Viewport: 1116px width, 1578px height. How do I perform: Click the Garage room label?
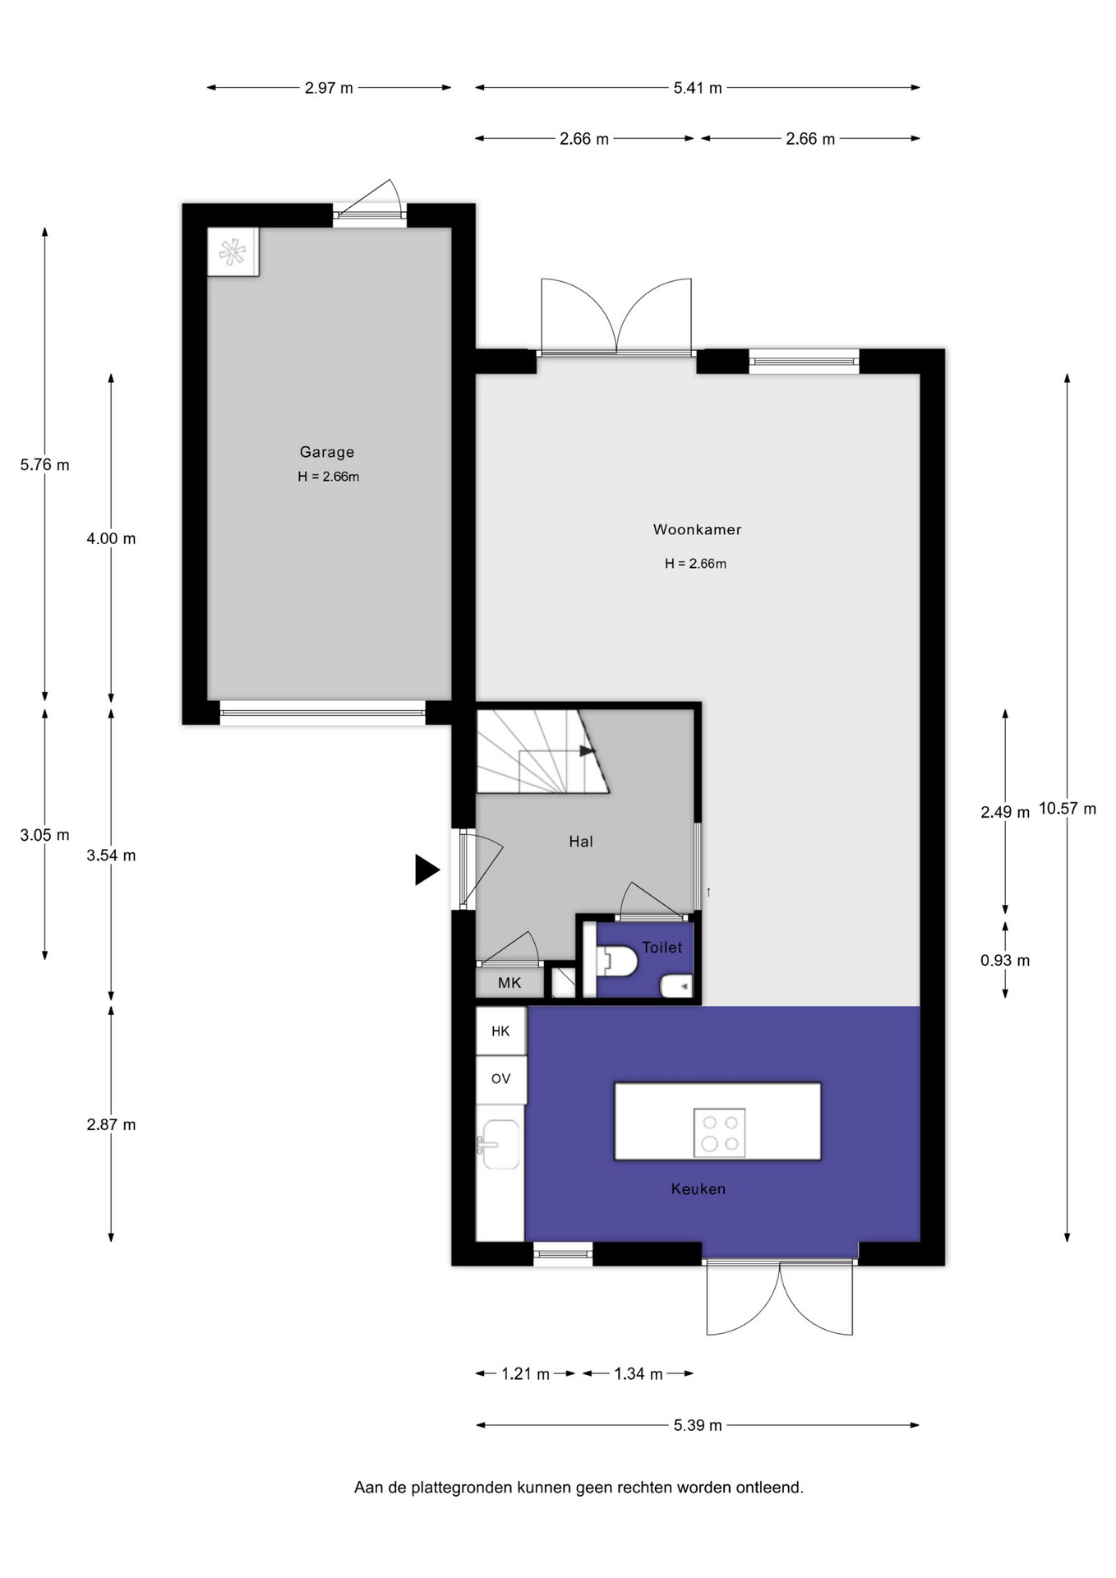[x=326, y=452]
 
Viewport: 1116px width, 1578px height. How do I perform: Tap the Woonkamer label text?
[x=697, y=530]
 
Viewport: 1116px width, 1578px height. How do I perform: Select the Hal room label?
[x=581, y=842]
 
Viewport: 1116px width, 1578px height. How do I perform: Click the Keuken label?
[x=698, y=1189]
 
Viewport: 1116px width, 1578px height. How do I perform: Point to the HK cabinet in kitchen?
[x=500, y=1031]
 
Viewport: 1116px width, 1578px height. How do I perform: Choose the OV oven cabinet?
[x=500, y=1079]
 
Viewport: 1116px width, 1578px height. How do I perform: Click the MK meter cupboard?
[x=510, y=983]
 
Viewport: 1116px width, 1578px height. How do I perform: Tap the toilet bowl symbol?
[x=617, y=960]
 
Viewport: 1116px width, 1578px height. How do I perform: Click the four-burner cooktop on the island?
[x=719, y=1133]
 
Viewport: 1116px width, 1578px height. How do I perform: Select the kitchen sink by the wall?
[x=499, y=1144]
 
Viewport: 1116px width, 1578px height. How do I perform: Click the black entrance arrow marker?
[x=427, y=870]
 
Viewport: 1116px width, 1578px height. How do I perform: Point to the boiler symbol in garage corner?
[x=233, y=251]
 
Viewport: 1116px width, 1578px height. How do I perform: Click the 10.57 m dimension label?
[x=1068, y=809]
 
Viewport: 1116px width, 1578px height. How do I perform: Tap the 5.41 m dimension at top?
[x=698, y=88]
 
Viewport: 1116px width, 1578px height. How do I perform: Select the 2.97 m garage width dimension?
[x=329, y=88]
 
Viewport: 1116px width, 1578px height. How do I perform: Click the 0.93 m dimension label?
[x=1005, y=961]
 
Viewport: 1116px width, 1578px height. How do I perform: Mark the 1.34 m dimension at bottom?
[x=639, y=1374]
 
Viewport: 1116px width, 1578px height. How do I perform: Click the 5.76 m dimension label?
[x=45, y=465]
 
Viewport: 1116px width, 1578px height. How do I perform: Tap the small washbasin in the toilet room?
[x=677, y=985]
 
